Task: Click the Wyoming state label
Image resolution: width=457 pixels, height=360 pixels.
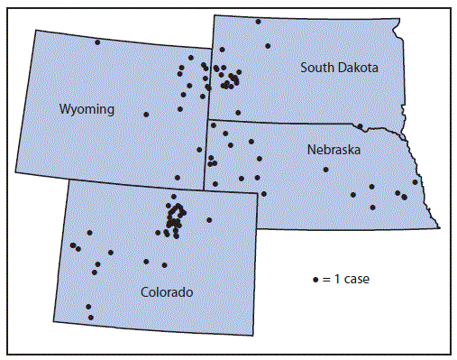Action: [x=87, y=109]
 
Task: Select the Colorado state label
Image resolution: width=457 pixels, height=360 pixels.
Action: [x=167, y=292]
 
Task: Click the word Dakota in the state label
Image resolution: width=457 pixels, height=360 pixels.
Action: [x=357, y=68]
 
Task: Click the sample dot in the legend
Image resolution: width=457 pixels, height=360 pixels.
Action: [x=315, y=280]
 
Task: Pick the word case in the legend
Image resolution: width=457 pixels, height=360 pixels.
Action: [x=355, y=280]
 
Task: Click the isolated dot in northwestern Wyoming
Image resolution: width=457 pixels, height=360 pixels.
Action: [x=97, y=42]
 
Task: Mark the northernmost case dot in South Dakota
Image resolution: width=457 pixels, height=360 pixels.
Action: [x=258, y=22]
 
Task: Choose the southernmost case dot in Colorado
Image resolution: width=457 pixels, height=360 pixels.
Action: [x=90, y=317]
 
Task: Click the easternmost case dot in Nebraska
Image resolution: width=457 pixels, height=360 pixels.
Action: [x=415, y=182]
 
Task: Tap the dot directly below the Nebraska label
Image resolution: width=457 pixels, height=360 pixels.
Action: [x=326, y=170]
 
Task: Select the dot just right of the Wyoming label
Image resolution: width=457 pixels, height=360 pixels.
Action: [x=146, y=115]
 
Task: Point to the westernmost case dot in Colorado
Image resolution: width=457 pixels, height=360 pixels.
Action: [x=72, y=245]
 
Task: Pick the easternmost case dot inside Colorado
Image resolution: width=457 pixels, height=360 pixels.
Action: [x=209, y=220]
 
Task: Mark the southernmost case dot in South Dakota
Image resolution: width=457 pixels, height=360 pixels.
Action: [x=238, y=112]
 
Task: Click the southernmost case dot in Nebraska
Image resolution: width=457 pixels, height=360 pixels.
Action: [x=373, y=208]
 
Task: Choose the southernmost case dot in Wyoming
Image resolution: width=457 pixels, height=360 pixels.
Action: [x=178, y=178]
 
